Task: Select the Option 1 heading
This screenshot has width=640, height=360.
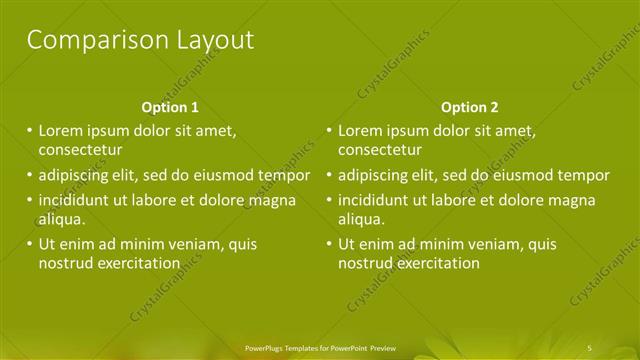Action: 170,107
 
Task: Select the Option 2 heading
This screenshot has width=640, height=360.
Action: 469,107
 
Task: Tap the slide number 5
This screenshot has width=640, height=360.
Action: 590,347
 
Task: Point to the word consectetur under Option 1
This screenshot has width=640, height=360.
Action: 81,150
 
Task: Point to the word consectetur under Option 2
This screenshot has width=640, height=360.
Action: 380,150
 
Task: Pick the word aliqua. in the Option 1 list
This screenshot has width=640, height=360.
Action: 62,219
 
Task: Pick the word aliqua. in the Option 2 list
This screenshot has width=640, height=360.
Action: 361,219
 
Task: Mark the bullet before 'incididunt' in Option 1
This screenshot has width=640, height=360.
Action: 29,201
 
